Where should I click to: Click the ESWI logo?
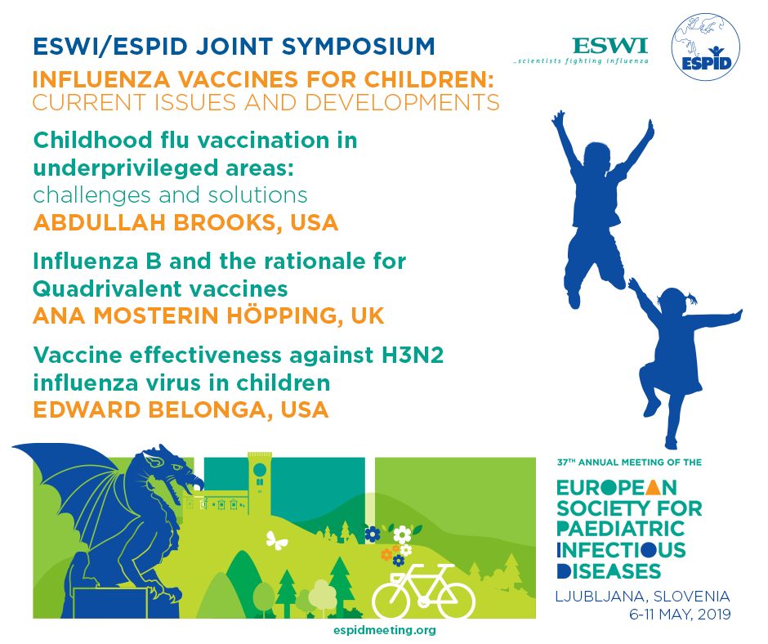tap(580, 51)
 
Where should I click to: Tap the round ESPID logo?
tap(705, 47)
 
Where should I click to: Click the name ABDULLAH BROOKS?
tap(154, 222)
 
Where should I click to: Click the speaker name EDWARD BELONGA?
tap(150, 409)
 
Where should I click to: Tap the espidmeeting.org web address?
tap(385, 630)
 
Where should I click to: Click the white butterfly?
tap(276, 540)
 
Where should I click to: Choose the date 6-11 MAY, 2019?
tap(680, 614)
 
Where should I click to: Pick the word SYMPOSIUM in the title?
tap(358, 47)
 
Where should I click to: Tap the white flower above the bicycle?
tap(402, 534)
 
